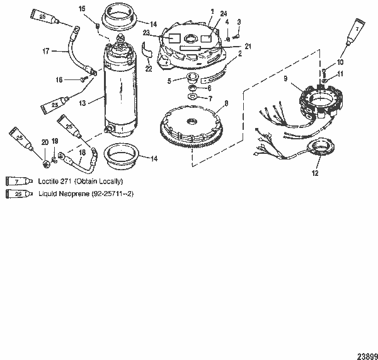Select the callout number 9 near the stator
point(285,79)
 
